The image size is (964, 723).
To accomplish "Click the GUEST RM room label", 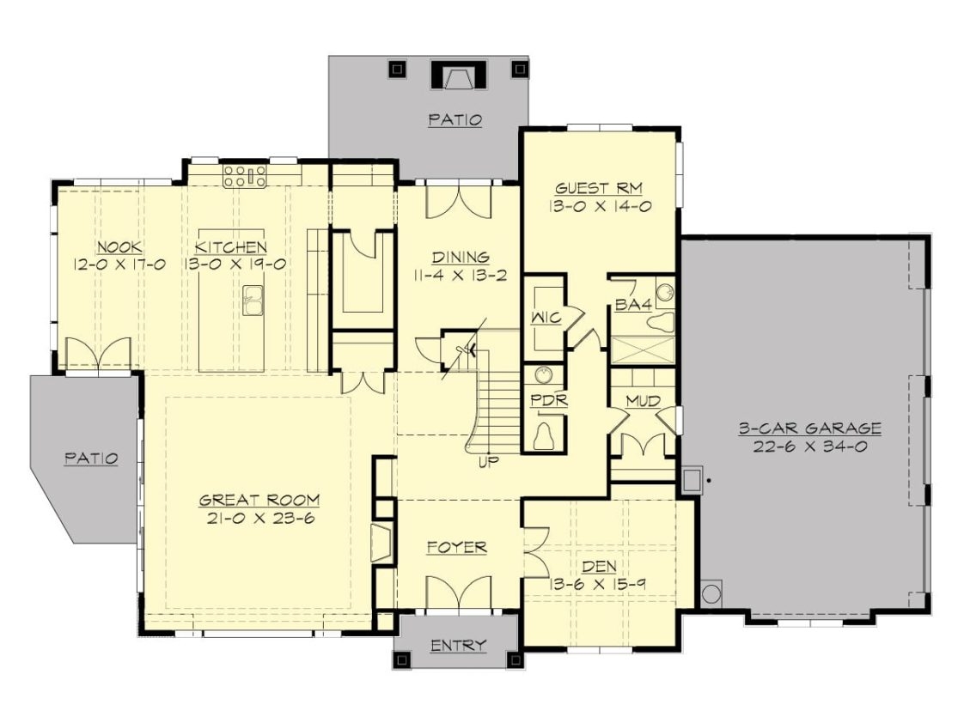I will pyautogui.click(x=599, y=188).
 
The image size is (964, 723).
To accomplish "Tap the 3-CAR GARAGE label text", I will pyautogui.click(x=810, y=428).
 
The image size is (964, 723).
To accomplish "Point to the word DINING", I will pyautogui.click(x=461, y=256).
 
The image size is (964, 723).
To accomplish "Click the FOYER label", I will pyautogui.click(x=456, y=547).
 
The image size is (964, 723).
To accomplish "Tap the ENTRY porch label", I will pyautogui.click(x=458, y=645).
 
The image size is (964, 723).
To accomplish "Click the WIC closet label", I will pyautogui.click(x=546, y=318).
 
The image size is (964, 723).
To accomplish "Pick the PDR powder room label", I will pyautogui.click(x=544, y=400).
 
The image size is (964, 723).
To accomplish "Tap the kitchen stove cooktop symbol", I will pyautogui.click(x=244, y=177).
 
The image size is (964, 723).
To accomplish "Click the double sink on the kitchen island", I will pyautogui.click(x=253, y=301).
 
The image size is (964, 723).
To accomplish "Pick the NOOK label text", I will pyautogui.click(x=119, y=246).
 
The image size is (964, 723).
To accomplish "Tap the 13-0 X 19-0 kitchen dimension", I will pyautogui.click(x=234, y=264).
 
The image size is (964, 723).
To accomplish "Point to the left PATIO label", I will pyautogui.click(x=91, y=458).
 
